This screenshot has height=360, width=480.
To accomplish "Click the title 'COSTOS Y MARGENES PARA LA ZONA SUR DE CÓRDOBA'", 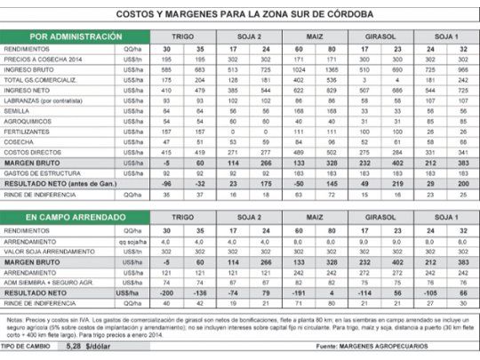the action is pyautogui.click(x=240, y=15).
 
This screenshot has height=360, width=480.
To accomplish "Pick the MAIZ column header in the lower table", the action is pyautogui.click(x=313, y=217).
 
